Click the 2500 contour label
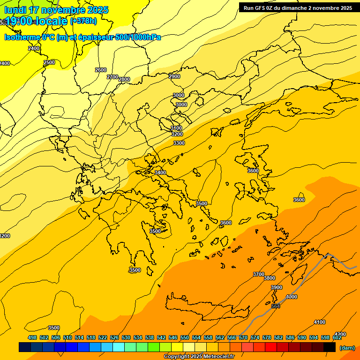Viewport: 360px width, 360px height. tap(49, 62)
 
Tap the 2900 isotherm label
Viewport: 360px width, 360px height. tap(174, 76)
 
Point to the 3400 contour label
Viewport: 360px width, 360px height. tap(160, 172)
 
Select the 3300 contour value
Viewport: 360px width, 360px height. tap(179, 143)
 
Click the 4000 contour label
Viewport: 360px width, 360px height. tap(292, 297)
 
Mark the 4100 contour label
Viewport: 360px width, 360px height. tap(320, 322)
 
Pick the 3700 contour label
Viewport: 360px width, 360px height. tap(259, 274)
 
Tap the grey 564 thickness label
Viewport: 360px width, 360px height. tap(276, 306)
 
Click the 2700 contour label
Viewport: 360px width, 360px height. tap(112, 77)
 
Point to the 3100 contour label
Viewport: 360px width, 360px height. tap(176, 128)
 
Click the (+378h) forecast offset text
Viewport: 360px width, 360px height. tap(83, 21)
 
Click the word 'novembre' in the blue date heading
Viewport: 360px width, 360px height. tap(61, 10)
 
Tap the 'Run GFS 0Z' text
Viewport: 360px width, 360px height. tap(260, 8)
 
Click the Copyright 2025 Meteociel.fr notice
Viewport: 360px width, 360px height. tap(199, 357)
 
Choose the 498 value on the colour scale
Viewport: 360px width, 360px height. tap(32, 338)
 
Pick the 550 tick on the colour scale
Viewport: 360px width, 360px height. tap(185, 338)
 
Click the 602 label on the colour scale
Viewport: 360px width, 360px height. tap(337, 338)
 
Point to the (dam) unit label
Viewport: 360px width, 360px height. tap(347, 348)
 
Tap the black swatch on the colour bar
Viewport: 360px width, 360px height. tap(330, 347)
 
